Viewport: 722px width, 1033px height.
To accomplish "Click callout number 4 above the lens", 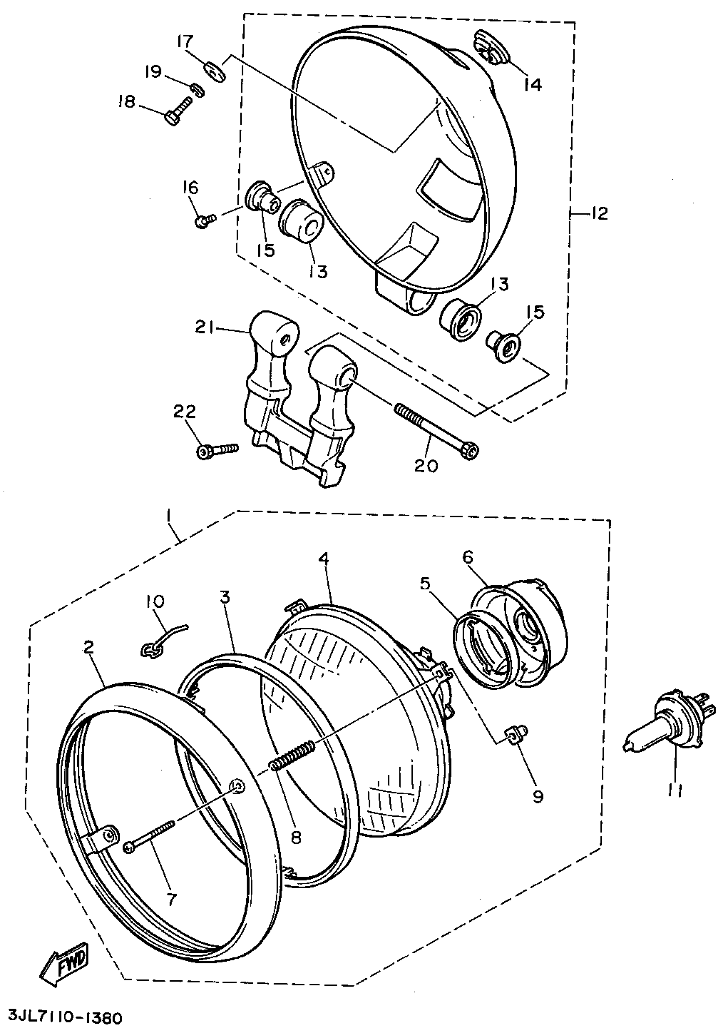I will tap(324, 559).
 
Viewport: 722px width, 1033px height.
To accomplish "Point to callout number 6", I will tap(467, 557).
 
